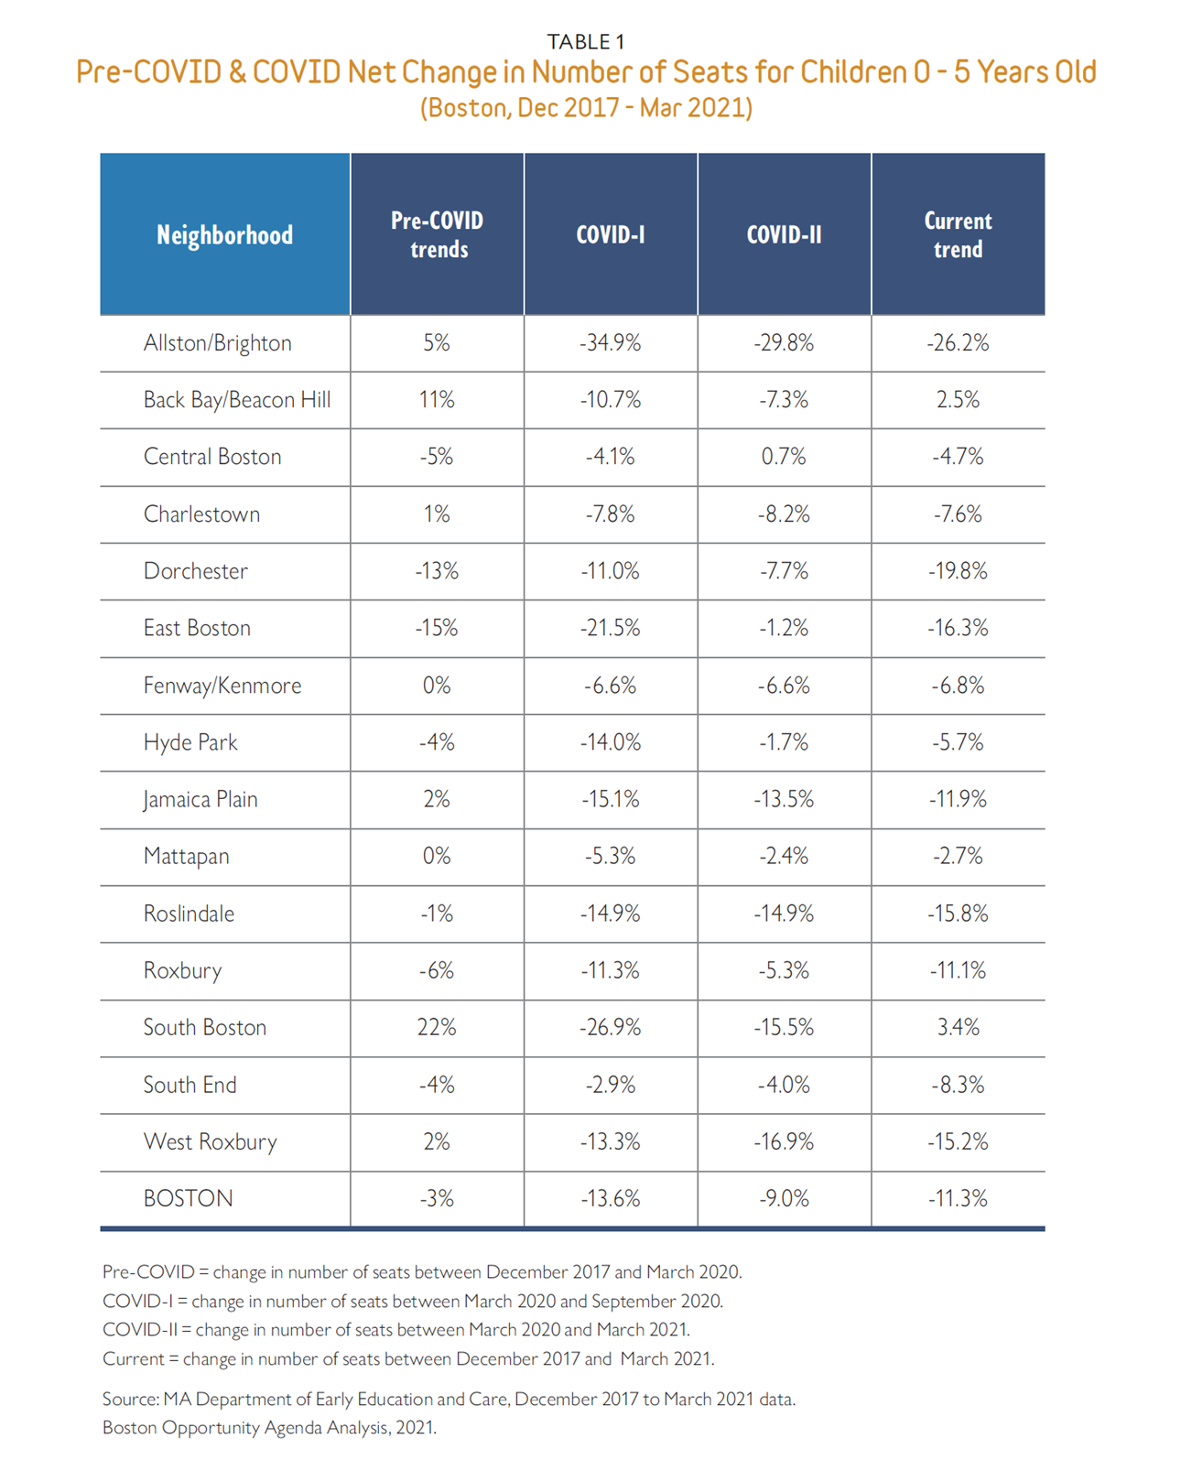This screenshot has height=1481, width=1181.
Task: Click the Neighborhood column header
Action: pyautogui.click(x=224, y=235)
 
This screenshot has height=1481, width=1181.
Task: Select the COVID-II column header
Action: pyautogui.click(x=784, y=235)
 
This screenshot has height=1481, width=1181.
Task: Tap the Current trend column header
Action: pyautogui.click(x=958, y=235)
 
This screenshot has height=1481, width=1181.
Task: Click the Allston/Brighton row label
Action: pyautogui.click(x=217, y=343)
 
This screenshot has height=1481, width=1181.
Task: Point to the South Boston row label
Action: pyautogui.click(x=204, y=1028)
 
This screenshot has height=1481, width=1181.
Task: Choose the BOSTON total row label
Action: pyautogui.click(x=188, y=1199)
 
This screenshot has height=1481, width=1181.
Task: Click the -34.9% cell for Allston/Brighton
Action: pyautogui.click(x=610, y=343)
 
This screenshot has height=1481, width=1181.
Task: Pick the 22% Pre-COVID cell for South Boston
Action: pyautogui.click(x=437, y=1028)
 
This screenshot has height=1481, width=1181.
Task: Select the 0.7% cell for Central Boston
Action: pyautogui.click(x=784, y=457)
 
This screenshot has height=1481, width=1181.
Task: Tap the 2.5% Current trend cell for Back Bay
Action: pyautogui.click(x=958, y=400)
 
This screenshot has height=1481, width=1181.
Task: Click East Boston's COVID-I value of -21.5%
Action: pyautogui.click(x=610, y=629)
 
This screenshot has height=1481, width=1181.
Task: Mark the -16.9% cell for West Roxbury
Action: pyautogui.click(x=784, y=1142)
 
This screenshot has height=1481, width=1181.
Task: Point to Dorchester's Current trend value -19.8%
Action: pyautogui.click(x=958, y=571)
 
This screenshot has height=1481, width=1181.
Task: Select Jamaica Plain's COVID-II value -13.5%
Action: pyautogui.click(x=784, y=800)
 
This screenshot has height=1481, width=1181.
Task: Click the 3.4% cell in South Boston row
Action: pyautogui.click(x=958, y=1028)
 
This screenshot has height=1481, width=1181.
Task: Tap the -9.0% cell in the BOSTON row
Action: pyautogui.click(x=784, y=1199)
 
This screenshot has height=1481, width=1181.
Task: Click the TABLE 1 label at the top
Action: pyautogui.click(x=586, y=41)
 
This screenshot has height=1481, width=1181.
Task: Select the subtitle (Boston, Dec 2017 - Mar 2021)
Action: pyautogui.click(x=586, y=108)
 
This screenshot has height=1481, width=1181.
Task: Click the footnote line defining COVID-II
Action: pyautogui.click(x=395, y=1330)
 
